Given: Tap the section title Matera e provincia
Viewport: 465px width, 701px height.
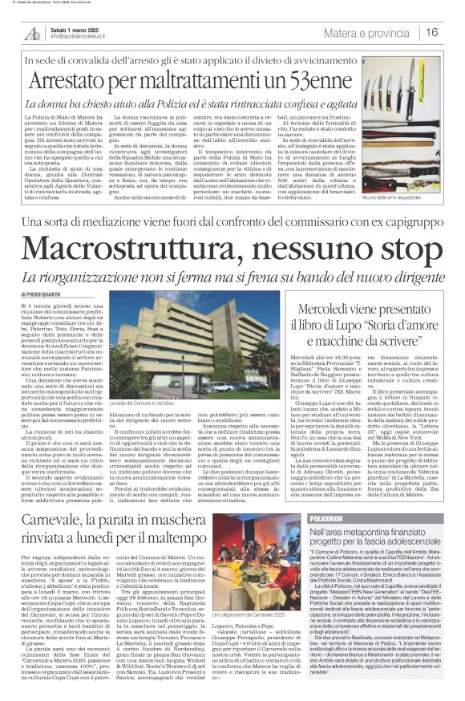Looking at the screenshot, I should [368, 32].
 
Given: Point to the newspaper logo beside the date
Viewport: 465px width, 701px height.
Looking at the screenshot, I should [32, 33].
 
